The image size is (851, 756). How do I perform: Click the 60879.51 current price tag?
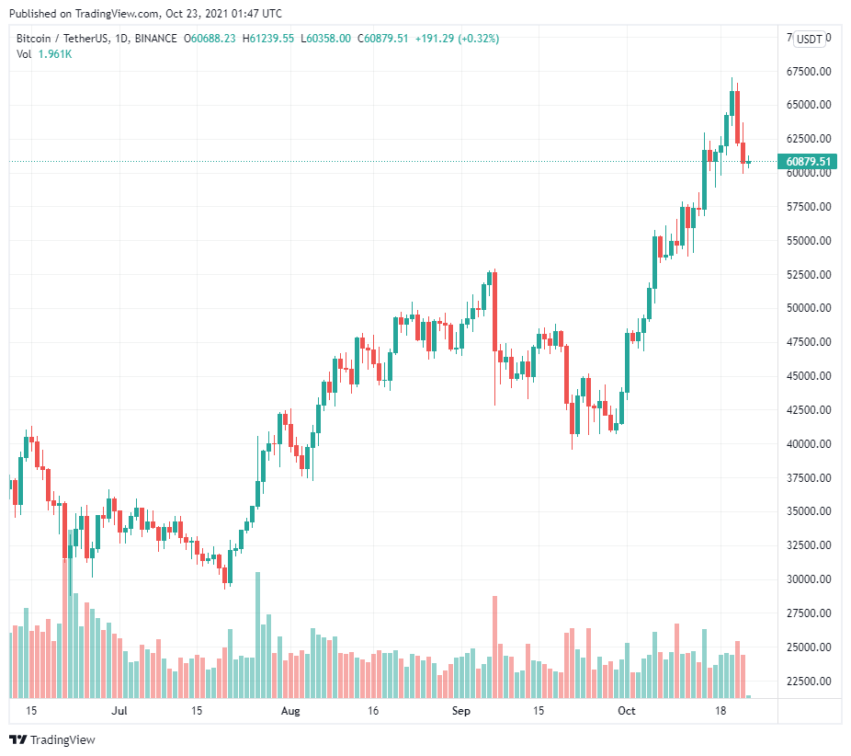[809, 162]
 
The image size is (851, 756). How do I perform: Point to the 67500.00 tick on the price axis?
[809, 71]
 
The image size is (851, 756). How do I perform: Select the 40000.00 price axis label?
[809, 443]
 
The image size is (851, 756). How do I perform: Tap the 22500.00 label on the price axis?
[809, 682]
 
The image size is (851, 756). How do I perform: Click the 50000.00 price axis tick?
[809, 308]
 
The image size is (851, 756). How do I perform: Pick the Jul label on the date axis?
[119, 711]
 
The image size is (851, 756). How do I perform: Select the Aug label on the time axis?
[290, 711]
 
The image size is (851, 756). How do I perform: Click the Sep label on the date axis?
[461, 711]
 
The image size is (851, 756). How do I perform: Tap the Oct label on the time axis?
[627, 711]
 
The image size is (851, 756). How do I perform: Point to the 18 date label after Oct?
[722, 711]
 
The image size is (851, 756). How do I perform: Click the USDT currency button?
[809, 39]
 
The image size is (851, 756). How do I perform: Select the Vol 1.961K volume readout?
[44, 54]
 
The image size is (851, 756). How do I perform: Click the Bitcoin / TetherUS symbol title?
[66, 39]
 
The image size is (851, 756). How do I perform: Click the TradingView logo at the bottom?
[52, 739]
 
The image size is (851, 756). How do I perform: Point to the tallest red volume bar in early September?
[494, 647]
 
